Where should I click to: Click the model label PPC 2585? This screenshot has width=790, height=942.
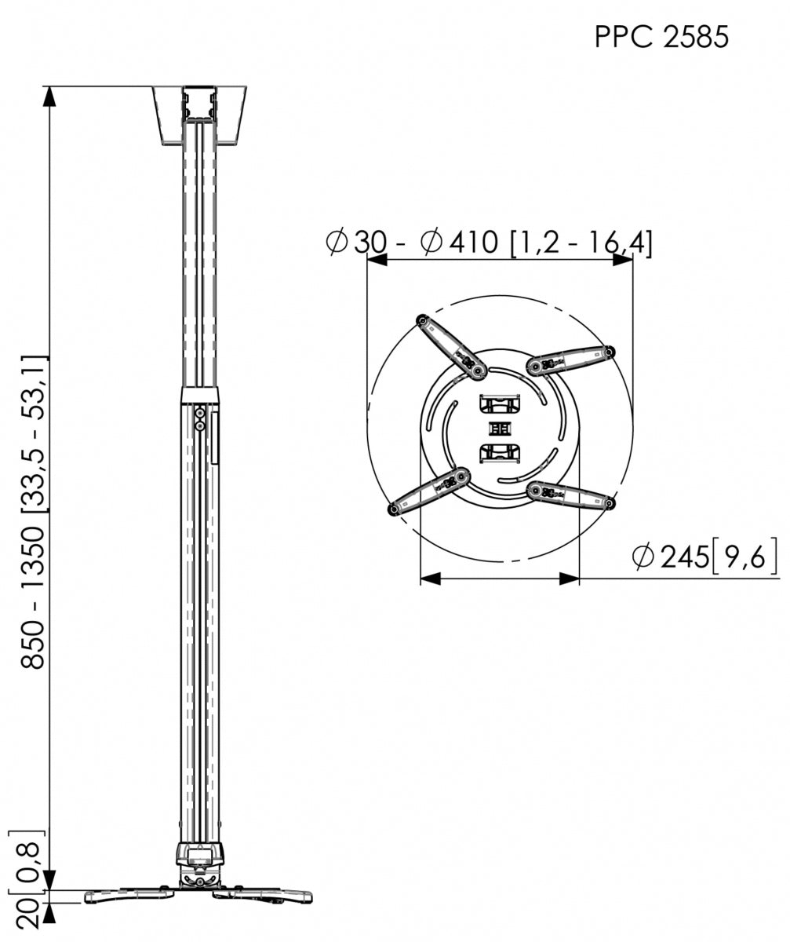coord(661,37)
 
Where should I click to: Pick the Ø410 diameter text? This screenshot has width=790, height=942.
coord(460,243)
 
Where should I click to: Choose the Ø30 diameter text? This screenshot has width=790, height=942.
coord(357,243)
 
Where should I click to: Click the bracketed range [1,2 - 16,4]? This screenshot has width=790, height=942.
coord(581,243)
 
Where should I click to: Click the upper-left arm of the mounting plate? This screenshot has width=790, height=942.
coord(451,346)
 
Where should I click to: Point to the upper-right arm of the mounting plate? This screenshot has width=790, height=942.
coord(571,360)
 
